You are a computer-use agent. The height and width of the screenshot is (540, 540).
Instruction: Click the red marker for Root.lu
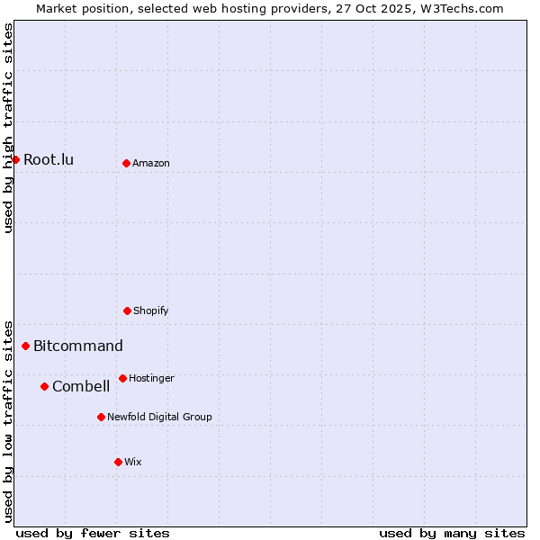15,159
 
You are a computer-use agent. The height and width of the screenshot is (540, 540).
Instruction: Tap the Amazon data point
126,163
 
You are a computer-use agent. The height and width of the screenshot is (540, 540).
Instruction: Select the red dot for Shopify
127,310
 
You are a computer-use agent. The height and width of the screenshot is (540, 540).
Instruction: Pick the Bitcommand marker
25,346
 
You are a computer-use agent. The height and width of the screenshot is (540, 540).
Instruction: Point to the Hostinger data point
122,378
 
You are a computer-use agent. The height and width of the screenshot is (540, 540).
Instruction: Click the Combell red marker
44,386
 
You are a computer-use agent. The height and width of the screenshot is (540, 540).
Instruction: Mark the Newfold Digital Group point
101,417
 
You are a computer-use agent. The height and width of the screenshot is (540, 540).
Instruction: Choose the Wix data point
118,462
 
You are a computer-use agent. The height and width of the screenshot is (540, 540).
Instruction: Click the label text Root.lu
49,159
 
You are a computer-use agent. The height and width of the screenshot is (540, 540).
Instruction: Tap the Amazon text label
151,163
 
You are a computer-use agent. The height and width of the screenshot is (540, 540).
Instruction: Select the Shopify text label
151,310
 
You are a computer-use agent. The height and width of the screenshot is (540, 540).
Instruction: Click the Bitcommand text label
78,346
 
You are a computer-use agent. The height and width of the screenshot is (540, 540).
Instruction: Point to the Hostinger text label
151,378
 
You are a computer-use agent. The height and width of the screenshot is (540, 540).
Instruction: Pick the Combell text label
81,386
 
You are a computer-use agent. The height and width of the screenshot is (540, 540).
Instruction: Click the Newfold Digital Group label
159,417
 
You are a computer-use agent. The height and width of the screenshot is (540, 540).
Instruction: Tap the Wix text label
133,462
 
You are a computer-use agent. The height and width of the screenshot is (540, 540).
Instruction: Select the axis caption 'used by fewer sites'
93,533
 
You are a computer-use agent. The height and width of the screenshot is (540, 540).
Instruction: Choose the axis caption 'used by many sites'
452,533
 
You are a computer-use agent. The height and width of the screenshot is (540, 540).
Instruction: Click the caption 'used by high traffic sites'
8,128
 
